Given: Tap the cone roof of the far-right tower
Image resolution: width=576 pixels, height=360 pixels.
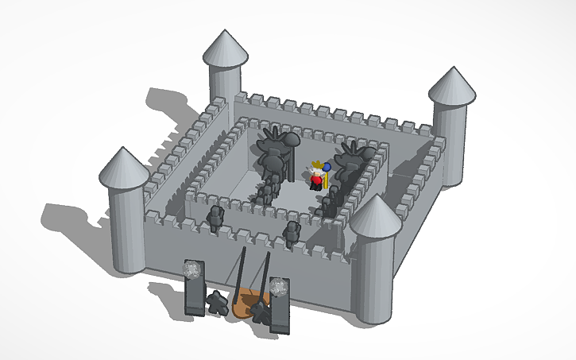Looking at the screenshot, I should pos(452,86).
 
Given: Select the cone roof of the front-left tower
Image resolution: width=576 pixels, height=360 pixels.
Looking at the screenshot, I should pos(125,168).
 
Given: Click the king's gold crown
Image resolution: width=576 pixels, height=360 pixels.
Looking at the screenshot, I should pos(317,166).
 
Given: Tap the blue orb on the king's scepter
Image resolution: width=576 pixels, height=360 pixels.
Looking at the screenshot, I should pos(327,166).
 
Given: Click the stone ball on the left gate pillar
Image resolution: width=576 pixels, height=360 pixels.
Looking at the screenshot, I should pos(191,270).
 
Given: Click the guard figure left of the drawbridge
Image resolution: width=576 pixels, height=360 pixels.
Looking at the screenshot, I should pos(215,302).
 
